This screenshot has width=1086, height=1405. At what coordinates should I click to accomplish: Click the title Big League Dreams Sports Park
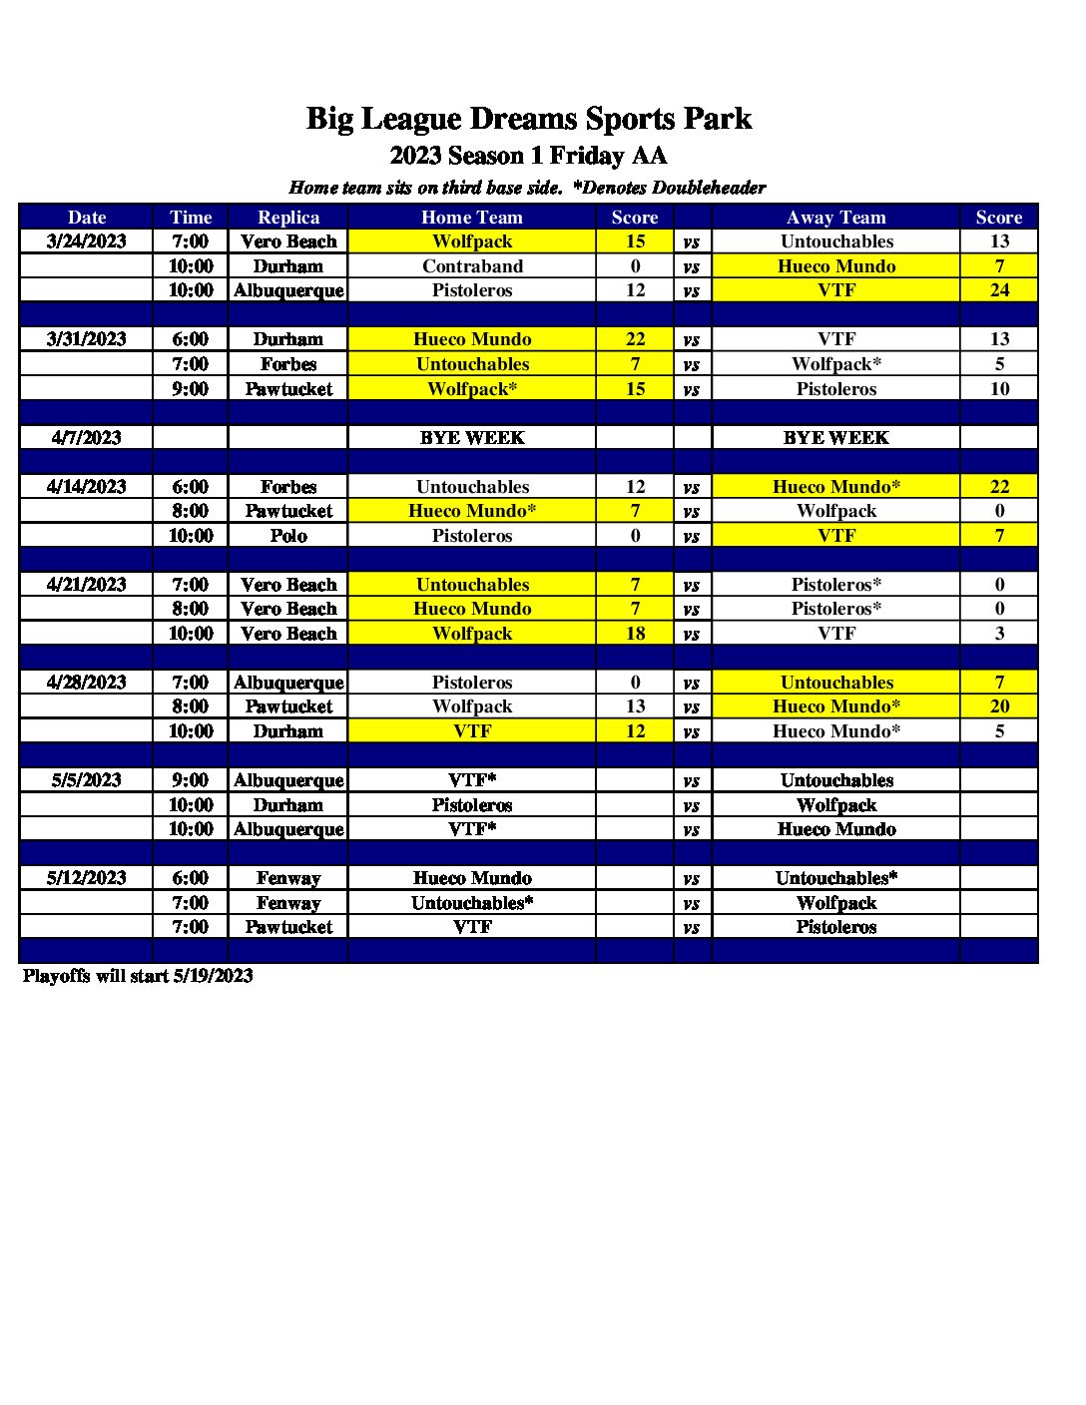pyautogui.click(x=528, y=119)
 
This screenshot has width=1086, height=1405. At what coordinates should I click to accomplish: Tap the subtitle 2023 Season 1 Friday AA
pyautogui.click(x=528, y=156)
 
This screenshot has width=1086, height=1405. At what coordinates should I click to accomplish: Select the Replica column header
pyautogui.click(x=288, y=218)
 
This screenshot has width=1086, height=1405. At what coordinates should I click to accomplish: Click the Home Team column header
pyautogui.click(x=472, y=218)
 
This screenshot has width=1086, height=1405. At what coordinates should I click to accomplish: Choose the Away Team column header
pyautogui.click(x=836, y=218)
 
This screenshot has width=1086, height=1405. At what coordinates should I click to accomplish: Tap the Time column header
pyautogui.click(x=191, y=218)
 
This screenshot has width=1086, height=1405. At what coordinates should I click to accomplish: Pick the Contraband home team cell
pyautogui.click(x=472, y=266)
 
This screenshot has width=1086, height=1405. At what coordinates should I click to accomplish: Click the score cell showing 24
pyautogui.click(x=999, y=290)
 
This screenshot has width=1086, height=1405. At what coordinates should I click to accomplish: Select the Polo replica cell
pyautogui.click(x=288, y=536)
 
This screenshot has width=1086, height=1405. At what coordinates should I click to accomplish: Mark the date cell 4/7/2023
pyautogui.click(x=87, y=437)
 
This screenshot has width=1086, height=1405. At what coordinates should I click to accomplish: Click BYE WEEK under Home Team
pyautogui.click(x=472, y=437)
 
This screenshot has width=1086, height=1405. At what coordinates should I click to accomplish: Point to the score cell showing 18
pyautogui.click(x=635, y=634)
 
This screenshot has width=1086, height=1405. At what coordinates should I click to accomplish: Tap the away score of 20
pyautogui.click(x=999, y=706)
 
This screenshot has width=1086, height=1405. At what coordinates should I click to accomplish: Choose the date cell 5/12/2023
pyautogui.click(x=87, y=878)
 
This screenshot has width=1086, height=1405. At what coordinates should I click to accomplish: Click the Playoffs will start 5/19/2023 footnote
pyautogui.click(x=138, y=976)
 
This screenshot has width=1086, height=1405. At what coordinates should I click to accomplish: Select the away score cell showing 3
pyautogui.click(x=999, y=634)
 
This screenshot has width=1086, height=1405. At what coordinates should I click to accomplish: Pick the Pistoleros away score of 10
pyautogui.click(x=999, y=389)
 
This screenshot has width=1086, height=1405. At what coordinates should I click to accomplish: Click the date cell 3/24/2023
pyautogui.click(x=87, y=241)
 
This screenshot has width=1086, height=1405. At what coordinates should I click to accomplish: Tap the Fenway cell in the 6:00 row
pyautogui.click(x=288, y=878)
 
